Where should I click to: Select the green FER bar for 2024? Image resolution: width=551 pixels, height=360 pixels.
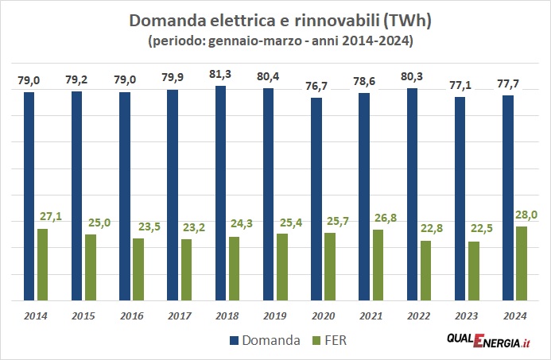(x=521, y=263)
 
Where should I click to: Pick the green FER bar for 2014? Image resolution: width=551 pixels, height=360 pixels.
(x=42, y=265)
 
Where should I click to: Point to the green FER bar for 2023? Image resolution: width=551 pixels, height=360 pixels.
(x=473, y=271)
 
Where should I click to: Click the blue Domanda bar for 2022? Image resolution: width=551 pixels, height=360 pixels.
(x=412, y=195)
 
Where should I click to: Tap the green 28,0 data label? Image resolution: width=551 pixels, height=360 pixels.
(x=526, y=214)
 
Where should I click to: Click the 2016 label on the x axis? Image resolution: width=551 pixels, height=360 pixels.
(x=131, y=315)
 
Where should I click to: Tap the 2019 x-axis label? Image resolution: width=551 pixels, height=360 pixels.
(x=274, y=315)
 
